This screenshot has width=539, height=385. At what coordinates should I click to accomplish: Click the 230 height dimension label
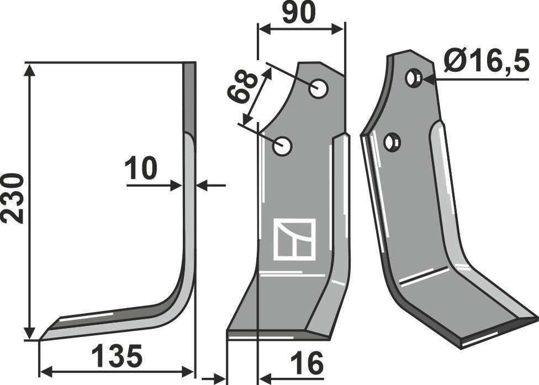click(12, 198)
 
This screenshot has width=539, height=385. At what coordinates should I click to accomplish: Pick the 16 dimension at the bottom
click(309, 365)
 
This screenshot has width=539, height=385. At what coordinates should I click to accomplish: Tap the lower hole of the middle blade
click(284, 146)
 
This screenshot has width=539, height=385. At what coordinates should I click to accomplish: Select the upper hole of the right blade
click(412, 78)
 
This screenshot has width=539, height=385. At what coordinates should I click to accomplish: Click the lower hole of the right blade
click(393, 143)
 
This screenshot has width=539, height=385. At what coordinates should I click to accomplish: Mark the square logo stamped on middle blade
click(294, 239)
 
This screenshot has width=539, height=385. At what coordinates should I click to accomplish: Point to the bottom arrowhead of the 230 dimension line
click(30, 334)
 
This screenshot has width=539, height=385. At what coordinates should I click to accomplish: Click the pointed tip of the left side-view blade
click(41, 338)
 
